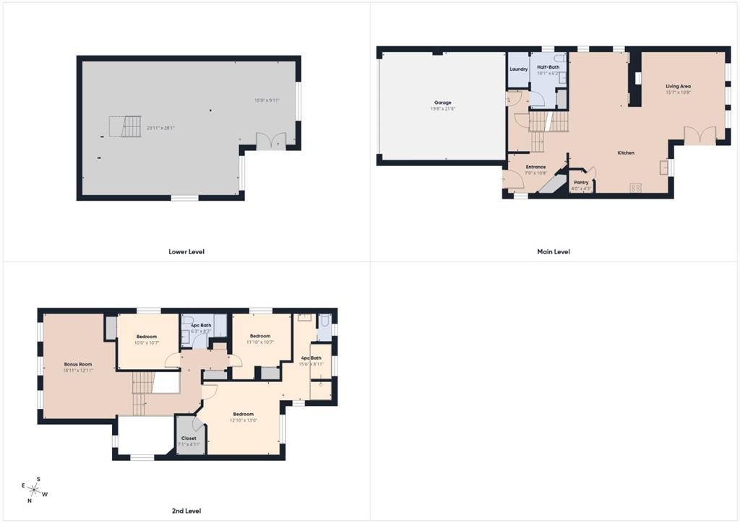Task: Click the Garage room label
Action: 443,103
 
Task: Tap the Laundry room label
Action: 518,69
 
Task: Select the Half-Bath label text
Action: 548,67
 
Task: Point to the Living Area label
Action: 679,87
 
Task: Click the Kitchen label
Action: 626,153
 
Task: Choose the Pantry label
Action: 581,183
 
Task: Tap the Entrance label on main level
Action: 535,167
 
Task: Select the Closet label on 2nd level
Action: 189,438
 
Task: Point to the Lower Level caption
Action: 186,251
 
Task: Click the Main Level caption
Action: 554,251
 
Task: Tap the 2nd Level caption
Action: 186,511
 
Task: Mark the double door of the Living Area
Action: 700,135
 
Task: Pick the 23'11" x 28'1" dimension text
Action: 161,129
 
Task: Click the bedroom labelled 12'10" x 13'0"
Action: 244,417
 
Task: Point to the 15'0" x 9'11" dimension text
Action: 266,100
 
